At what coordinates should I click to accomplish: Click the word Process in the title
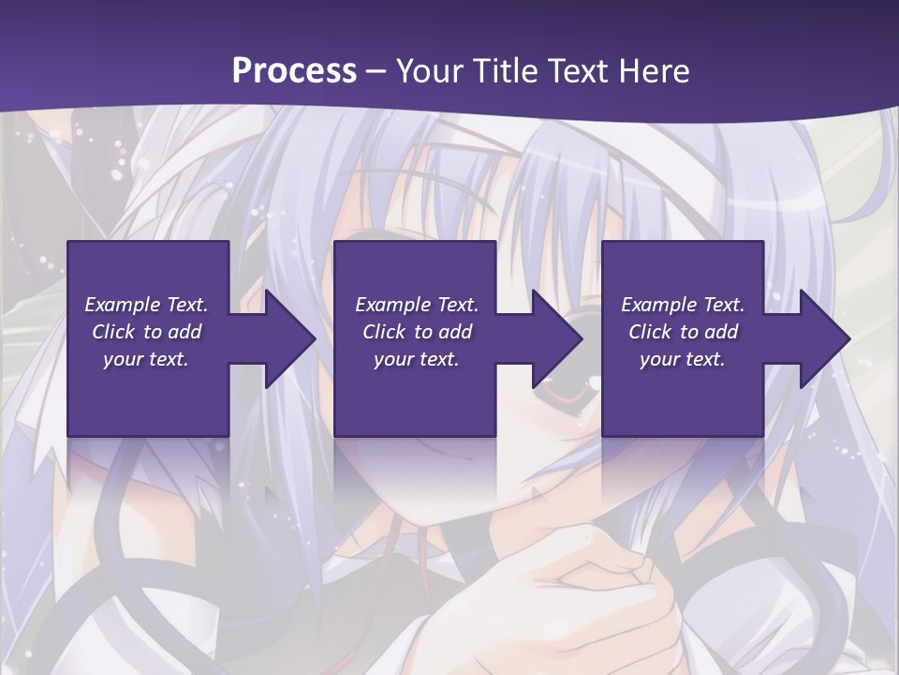294,71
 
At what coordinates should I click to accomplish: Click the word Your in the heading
430,71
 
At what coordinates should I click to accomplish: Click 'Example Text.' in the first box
146,305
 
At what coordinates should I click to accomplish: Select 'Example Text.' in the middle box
417,305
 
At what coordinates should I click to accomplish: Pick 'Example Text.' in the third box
683,305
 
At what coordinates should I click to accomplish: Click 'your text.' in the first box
146,359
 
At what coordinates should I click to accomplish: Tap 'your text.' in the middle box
417,359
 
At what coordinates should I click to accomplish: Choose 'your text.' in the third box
683,359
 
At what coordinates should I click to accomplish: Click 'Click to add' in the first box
146,332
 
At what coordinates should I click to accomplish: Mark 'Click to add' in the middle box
417,332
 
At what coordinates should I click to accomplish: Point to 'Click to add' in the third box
683,332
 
